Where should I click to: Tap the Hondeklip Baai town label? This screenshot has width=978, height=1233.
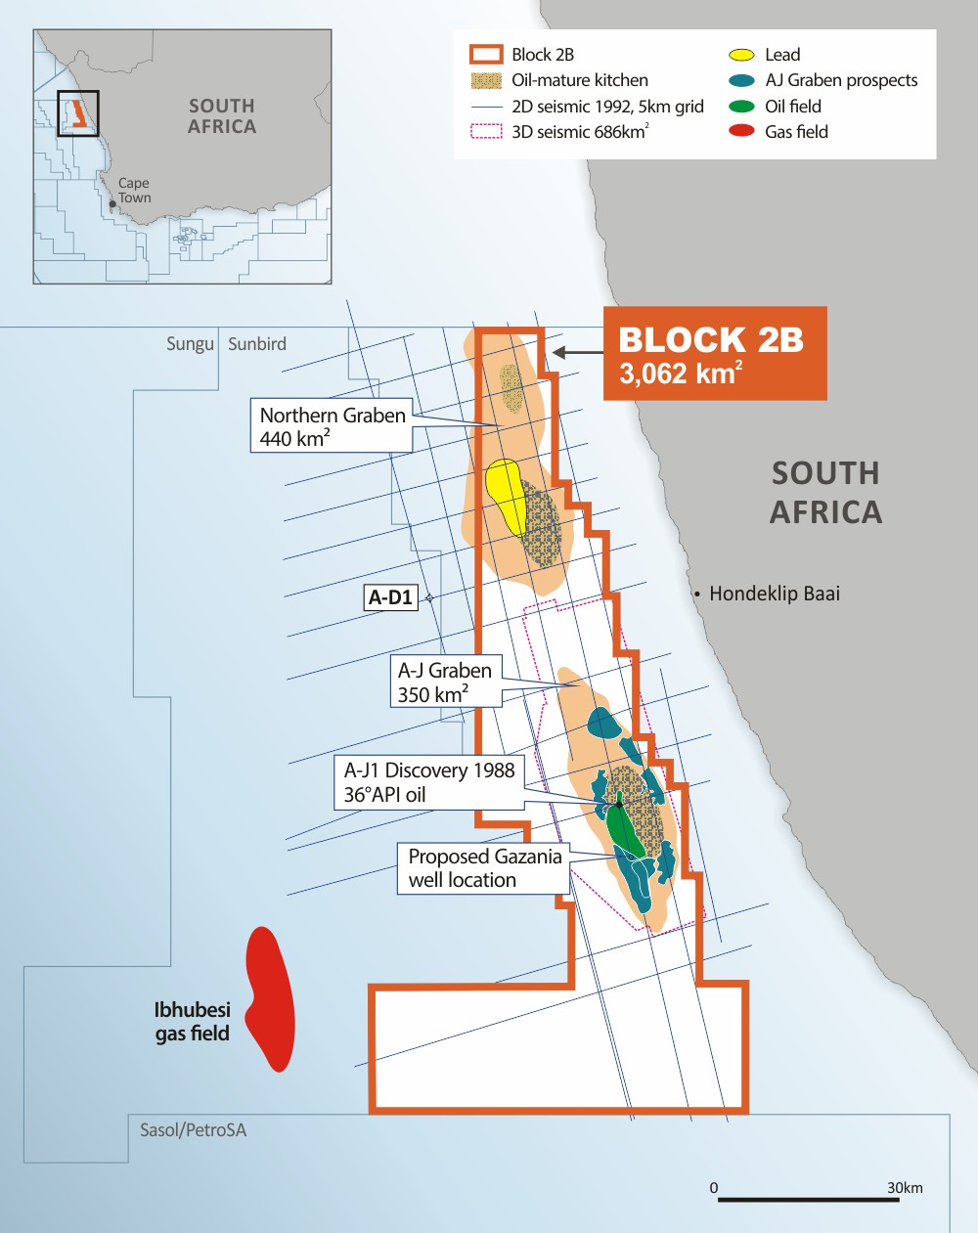(774, 594)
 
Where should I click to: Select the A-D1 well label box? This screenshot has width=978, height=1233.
(390, 597)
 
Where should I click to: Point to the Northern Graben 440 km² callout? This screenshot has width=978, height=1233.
(332, 426)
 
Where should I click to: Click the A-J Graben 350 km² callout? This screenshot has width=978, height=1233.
(445, 682)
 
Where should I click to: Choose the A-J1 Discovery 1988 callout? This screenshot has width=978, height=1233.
(428, 781)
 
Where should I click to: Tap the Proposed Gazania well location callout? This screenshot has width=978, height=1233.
(484, 867)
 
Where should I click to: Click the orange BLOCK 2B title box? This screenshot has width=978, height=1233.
(714, 353)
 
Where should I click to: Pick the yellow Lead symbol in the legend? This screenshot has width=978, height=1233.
(742, 55)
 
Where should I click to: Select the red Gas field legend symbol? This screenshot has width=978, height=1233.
(742, 132)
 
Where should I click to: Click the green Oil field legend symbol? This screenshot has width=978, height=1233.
(742, 107)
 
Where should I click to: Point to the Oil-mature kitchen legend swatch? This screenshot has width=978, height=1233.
(486, 80)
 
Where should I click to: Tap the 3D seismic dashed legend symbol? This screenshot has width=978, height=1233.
(486, 132)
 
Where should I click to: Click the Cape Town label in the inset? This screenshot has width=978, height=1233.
(134, 190)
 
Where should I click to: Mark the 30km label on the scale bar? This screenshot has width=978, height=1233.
(905, 1188)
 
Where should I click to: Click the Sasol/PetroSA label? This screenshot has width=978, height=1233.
(193, 1130)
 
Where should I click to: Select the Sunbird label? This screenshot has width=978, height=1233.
(257, 344)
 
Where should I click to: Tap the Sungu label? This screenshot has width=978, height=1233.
(190, 344)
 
